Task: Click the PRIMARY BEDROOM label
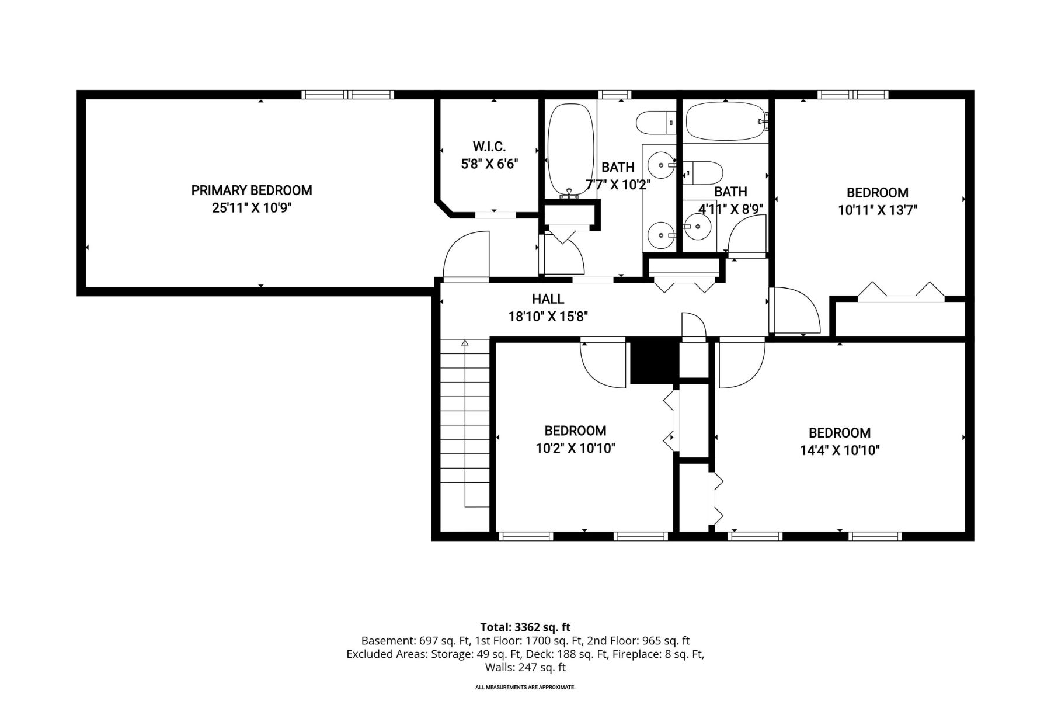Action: click(x=252, y=190)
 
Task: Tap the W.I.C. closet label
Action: click(x=489, y=146)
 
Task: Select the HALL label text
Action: click(x=548, y=299)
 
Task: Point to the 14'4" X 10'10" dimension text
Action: click(x=840, y=450)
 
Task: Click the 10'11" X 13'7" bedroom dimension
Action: click(x=878, y=210)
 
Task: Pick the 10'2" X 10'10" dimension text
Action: click(x=575, y=449)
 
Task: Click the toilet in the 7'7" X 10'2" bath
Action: click(x=656, y=123)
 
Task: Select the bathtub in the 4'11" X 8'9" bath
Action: click(x=726, y=122)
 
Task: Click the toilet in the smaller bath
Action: click(x=703, y=173)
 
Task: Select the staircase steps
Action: click(x=464, y=424)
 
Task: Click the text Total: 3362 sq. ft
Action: click(x=525, y=628)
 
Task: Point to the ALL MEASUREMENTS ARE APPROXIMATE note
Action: click(x=525, y=687)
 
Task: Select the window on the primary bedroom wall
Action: click(x=348, y=95)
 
